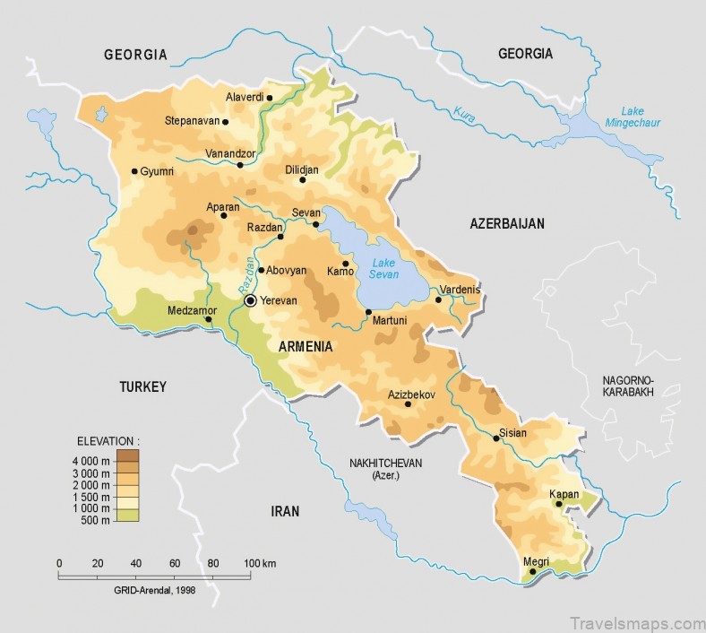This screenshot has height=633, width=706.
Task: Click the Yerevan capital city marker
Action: tap(251, 301)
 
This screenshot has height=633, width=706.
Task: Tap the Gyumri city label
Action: tap(157, 171)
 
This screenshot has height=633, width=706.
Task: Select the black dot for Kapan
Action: tap(559, 504)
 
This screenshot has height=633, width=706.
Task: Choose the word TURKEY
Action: tap(143, 387)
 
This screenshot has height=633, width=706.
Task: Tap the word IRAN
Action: tap(285, 511)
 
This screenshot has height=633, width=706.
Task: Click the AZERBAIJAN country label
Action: tap(507, 224)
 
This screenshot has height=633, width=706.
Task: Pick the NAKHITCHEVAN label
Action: tap(385, 463)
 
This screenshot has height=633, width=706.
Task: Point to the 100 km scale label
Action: tap(260, 562)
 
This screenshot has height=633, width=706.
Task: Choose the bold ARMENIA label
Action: tap(306, 346)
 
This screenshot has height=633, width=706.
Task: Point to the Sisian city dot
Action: tap(495, 438)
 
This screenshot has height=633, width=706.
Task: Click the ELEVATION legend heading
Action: tap(108, 441)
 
